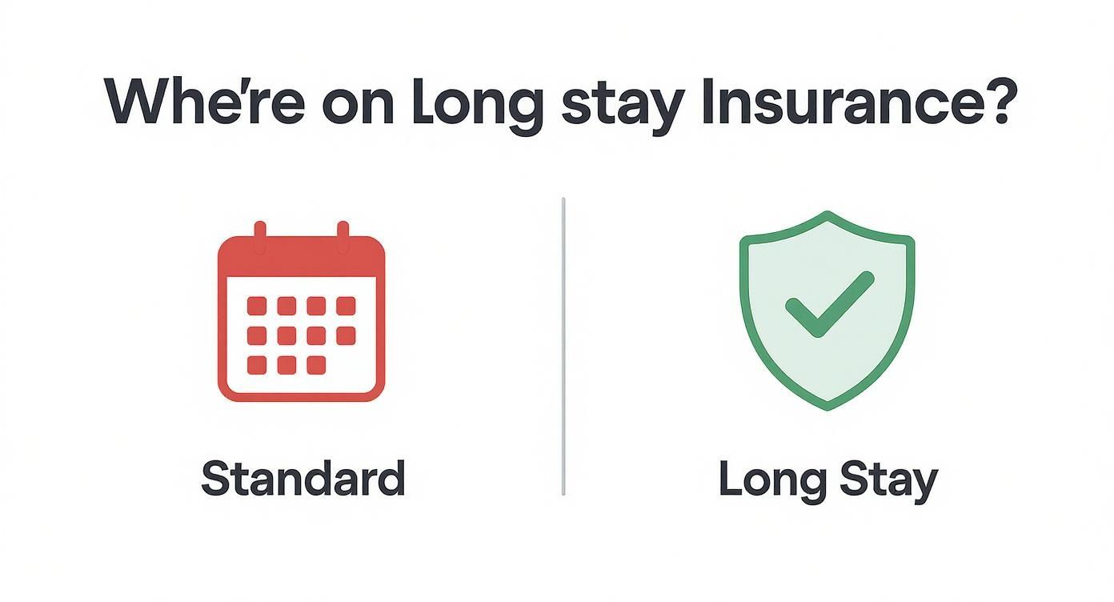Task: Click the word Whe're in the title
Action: [x=205, y=102]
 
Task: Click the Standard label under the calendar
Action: [x=303, y=478]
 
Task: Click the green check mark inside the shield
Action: [x=829, y=305]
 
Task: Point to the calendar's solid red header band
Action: [x=302, y=256]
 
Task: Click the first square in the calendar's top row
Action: [x=257, y=306]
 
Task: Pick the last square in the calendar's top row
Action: [x=346, y=306]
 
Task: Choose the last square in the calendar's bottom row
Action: [x=316, y=365]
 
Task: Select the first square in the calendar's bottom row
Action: [x=257, y=365]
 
